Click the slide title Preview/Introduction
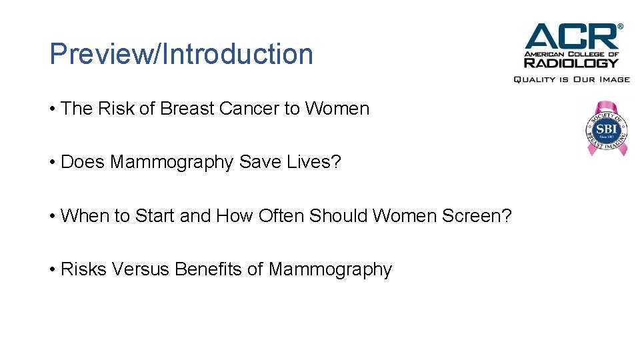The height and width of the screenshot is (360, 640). [181, 54]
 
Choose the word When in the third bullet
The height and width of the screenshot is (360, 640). [82, 216]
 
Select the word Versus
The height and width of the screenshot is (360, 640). [141, 269]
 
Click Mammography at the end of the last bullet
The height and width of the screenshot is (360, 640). [330, 270]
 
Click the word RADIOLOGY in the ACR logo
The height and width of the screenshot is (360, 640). [571, 63]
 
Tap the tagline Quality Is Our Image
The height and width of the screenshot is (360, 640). [571, 79]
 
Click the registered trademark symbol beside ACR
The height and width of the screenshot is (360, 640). [621, 27]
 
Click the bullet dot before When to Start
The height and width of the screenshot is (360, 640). [52, 216]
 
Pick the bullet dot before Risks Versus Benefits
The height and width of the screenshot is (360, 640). [52, 269]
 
